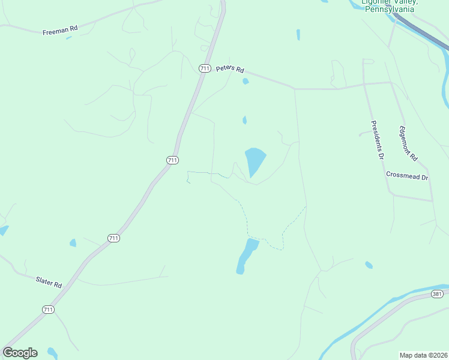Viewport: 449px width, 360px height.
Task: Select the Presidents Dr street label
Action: [x=376, y=140]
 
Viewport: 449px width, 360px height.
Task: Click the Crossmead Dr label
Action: [x=407, y=176]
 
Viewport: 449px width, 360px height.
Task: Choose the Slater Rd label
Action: [x=49, y=281]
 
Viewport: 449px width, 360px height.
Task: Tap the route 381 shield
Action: [x=437, y=294]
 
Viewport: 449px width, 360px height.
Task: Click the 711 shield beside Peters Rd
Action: [x=205, y=68]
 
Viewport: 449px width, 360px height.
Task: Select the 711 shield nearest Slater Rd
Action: [x=49, y=310]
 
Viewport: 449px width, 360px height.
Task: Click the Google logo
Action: [x=20, y=353]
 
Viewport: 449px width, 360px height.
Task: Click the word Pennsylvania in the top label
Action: [x=390, y=9]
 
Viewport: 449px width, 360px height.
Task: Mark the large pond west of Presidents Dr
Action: [x=255, y=161]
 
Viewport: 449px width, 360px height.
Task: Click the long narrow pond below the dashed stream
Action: [x=246, y=256]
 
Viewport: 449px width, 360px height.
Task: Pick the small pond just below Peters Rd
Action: [x=245, y=81]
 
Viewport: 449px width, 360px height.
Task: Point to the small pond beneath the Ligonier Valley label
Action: [x=298, y=35]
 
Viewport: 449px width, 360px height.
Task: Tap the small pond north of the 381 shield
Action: [x=369, y=265]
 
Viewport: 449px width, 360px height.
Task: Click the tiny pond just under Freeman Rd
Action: [x=69, y=38]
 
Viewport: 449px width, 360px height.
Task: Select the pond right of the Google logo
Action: [x=52, y=352]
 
